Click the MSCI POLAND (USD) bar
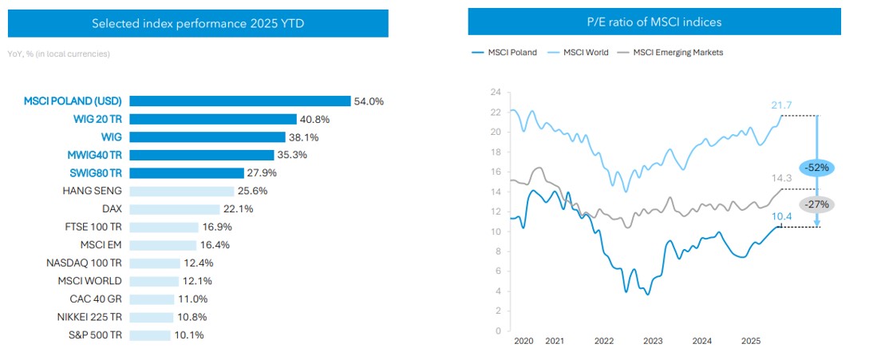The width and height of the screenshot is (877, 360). click(x=239, y=101)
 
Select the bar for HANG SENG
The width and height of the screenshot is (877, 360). click(x=181, y=191)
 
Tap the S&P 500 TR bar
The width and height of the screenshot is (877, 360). click(x=149, y=334)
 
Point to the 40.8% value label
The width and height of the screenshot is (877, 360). click(x=314, y=120)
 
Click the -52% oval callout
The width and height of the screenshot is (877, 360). click(x=816, y=168)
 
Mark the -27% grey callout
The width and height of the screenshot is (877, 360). click(x=816, y=204)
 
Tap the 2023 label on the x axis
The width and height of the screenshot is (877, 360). click(x=653, y=341)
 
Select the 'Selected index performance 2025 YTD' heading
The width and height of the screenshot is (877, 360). click(x=198, y=24)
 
